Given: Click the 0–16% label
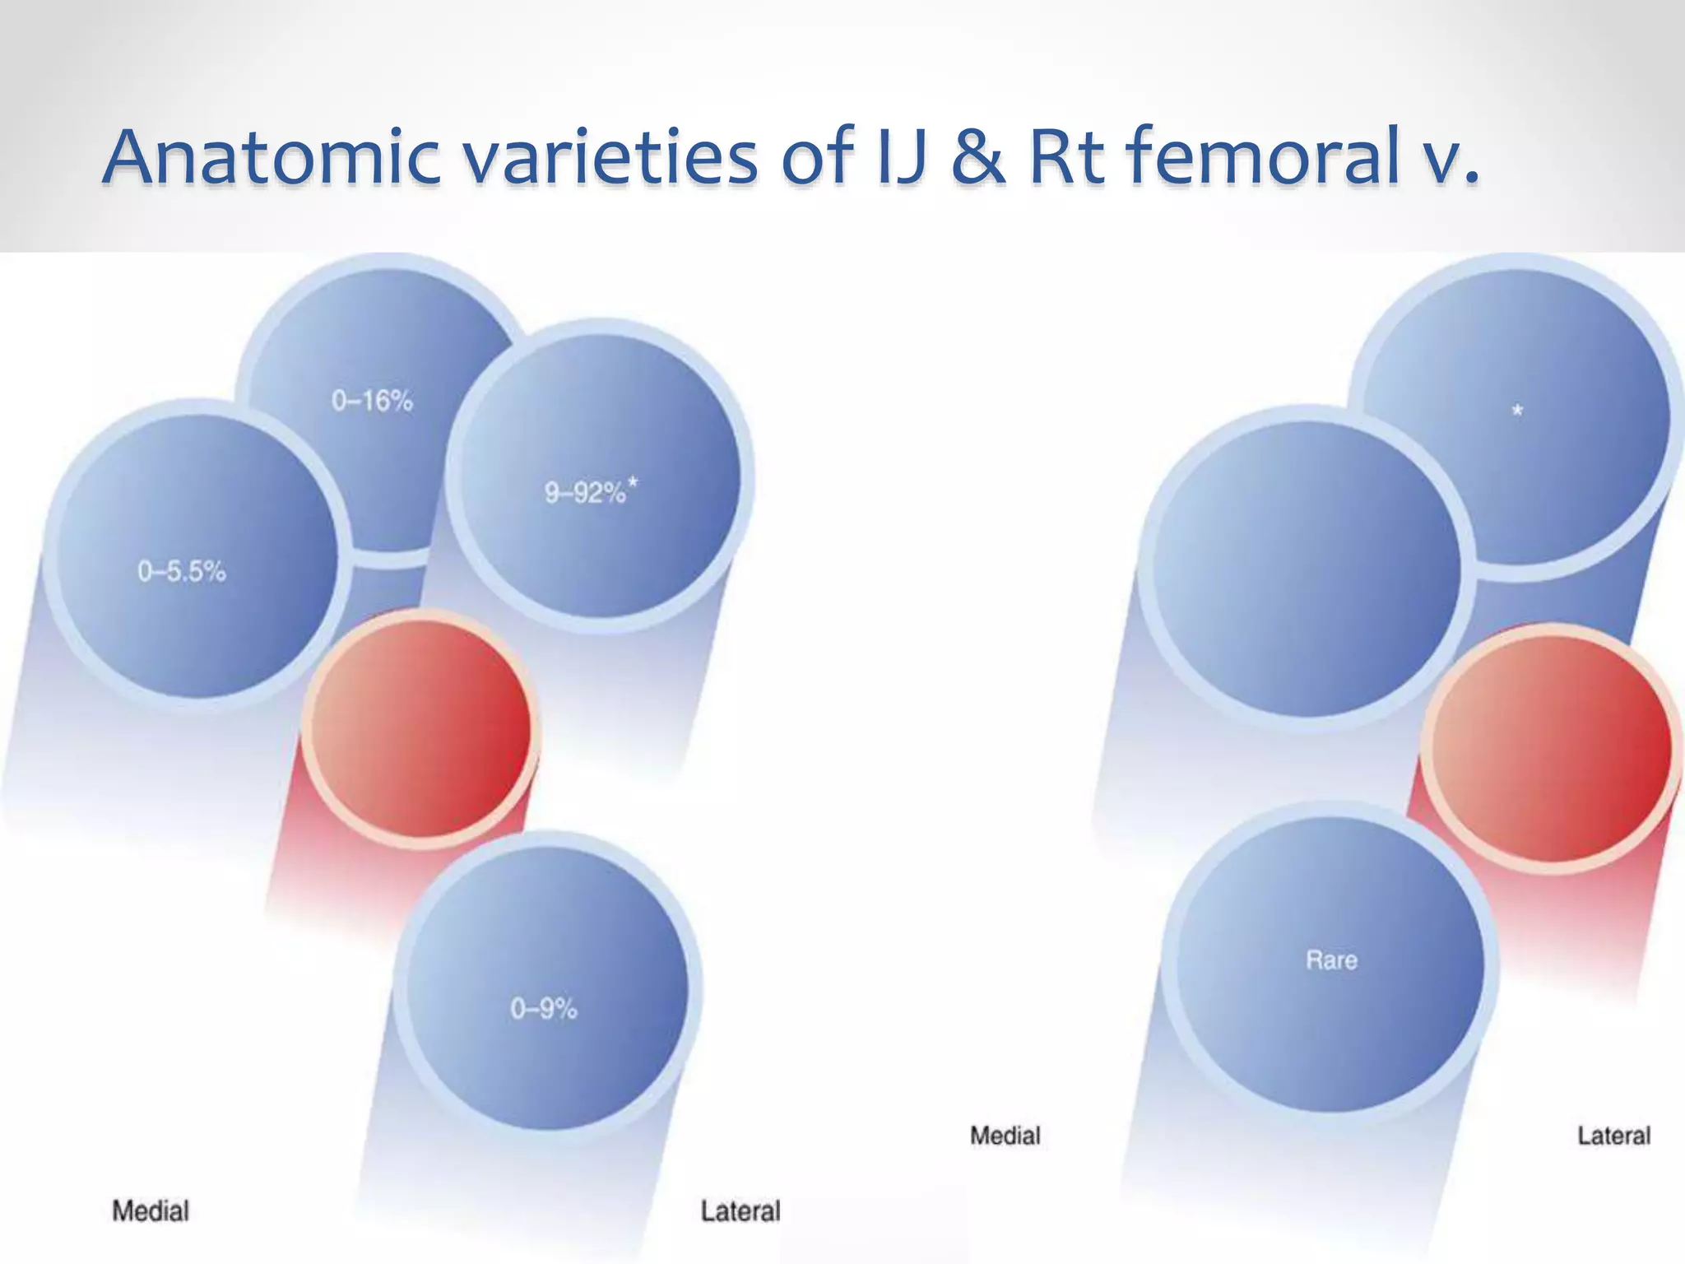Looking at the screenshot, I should pyautogui.click(x=372, y=402).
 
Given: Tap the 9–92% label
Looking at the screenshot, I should pyautogui.click(x=585, y=493).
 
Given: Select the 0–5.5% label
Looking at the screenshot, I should pyautogui.click(x=182, y=572).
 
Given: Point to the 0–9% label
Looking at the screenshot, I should pyautogui.click(x=544, y=1009).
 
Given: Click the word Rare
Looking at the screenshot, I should pyautogui.click(x=1331, y=960).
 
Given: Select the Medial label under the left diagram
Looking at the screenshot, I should pyautogui.click(x=151, y=1211).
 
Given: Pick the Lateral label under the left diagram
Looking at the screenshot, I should pyautogui.click(x=740, y=1211).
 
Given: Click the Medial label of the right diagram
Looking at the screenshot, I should pyautogui.click(x=1005, y=1136).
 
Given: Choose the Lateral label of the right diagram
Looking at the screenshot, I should pyautogui.click(x=1613, y=1136).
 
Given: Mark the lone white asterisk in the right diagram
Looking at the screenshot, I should pyautogui.click(x=1517, y=410).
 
